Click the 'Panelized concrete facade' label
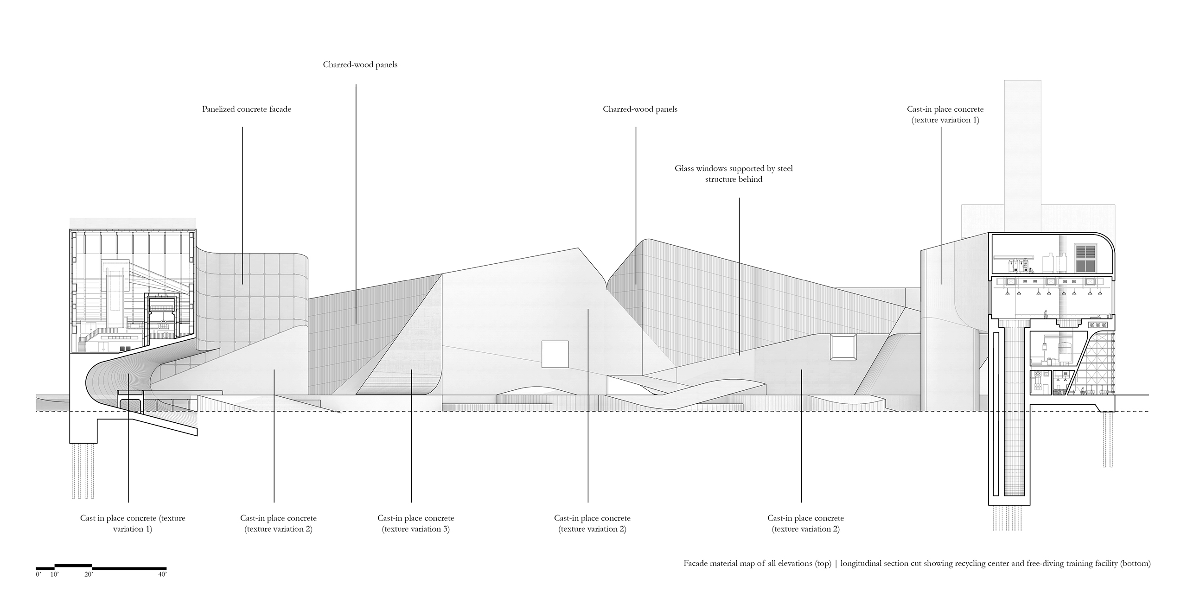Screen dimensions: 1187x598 (246, 109)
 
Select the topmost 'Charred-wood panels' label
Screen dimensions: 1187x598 (360, 65)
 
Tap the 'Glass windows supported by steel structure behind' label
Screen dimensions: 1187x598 (734, 174)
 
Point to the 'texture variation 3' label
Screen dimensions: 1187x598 (415, 529)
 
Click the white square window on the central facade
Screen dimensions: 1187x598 (555, 353)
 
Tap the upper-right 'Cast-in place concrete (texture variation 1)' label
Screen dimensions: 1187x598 (945, 115)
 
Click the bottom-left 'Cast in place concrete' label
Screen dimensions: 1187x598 (133, 523)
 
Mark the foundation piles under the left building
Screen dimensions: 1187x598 (80, 471)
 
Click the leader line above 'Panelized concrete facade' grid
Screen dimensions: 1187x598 (242, 204)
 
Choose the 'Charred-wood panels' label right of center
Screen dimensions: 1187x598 (640, 109)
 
